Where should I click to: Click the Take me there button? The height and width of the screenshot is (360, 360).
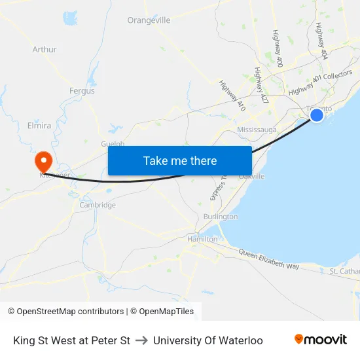(180, 160)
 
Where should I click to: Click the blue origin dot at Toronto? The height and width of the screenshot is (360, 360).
(316, 115)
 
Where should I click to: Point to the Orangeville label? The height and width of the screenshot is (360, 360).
(149, 20)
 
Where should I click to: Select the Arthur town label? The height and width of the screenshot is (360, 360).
(45, 49)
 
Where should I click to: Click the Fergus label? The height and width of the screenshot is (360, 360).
(82, 91)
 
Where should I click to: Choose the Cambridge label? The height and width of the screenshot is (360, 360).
(98, 205)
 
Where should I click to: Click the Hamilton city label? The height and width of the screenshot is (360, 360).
(202, 240)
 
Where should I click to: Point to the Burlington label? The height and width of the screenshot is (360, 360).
(221, 217)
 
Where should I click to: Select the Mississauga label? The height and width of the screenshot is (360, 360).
(257, 130)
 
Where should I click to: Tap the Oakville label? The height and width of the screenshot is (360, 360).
(251, 177)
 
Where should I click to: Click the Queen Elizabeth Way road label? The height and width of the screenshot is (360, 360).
(268, 258)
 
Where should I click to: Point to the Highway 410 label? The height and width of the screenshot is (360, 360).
(232, 96)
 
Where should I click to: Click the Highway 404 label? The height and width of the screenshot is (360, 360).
(320, 41)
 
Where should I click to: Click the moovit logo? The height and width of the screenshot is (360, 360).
(321, 340)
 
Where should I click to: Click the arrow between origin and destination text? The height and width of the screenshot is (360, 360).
(141, 340)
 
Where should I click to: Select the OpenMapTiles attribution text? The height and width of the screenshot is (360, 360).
(162, 312)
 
